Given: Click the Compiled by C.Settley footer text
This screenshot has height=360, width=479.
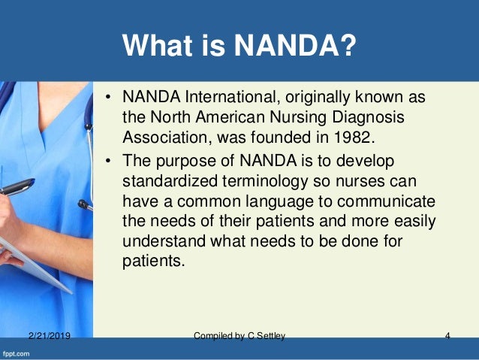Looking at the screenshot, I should tap(239, 336).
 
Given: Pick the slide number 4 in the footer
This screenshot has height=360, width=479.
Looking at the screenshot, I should tap(447, 336).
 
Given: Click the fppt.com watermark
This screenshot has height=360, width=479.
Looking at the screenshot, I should tap(20, 352).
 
